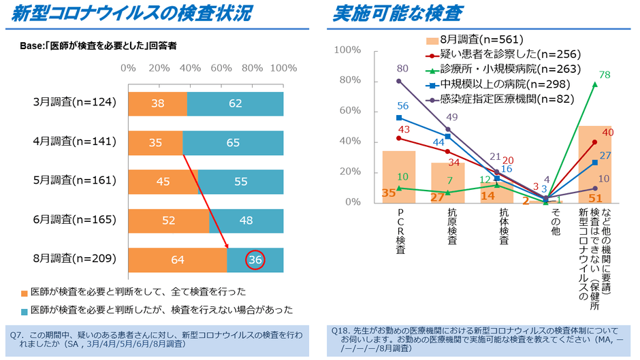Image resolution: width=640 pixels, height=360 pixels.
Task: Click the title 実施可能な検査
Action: [x=398, y=14]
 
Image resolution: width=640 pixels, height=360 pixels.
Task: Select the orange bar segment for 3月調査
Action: [x=157, y=103]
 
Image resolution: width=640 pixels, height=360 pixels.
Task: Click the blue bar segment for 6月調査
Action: [x=246, y=220]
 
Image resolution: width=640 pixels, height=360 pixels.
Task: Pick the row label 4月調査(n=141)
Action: [x=75, y=142]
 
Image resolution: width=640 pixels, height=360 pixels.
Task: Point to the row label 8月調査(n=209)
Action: [x=75, y=259]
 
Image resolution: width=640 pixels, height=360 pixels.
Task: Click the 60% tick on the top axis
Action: [x=221, y=68]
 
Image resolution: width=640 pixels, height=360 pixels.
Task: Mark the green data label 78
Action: [x=603, y=74]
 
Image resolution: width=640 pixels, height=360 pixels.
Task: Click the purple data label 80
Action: [x=402, y=68]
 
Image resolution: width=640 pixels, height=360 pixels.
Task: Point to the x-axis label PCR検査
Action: [x=399, y=231]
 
